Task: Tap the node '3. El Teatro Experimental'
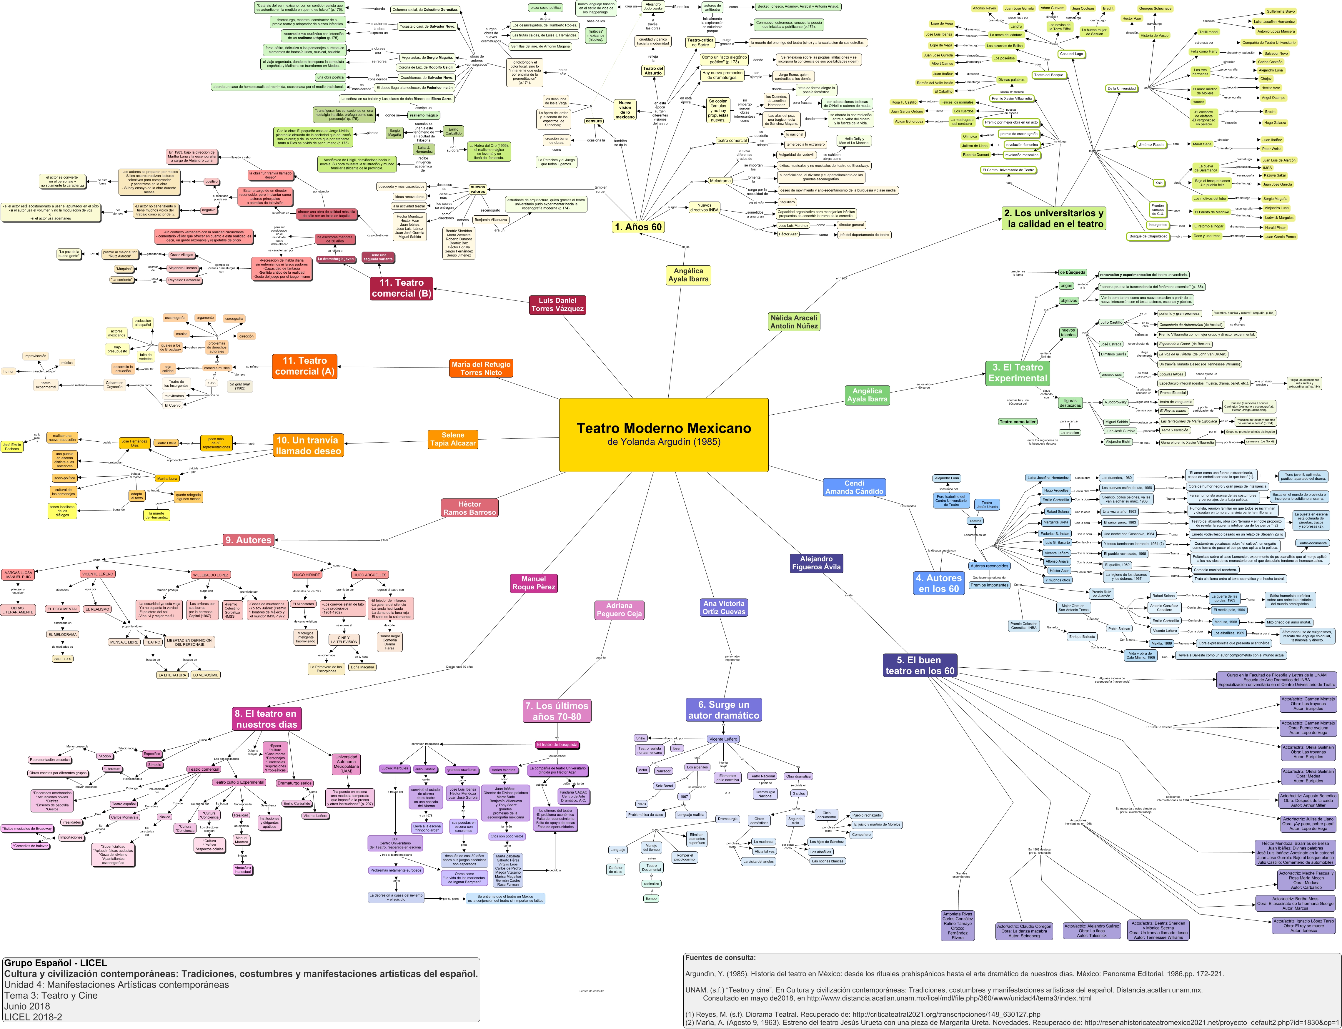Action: (1018, 373)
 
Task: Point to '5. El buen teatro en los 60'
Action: (920, 665)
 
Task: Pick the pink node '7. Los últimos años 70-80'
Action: (557, 711)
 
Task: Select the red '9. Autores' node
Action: (248, 540)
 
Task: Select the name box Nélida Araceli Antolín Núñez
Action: (794, 322)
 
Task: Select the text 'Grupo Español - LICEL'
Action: (55, 963)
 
